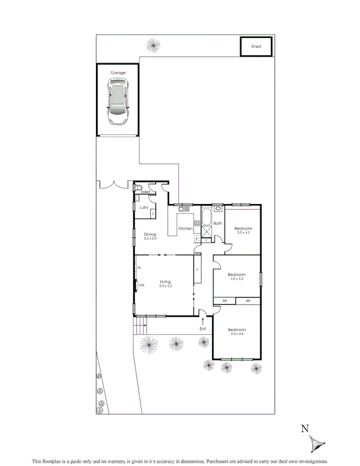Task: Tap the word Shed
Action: (x=256, y=46)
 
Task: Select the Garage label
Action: (x=118, y=73)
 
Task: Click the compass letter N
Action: (x=304, y=429)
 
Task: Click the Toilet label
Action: (x=146, y=192)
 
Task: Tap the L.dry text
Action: (x=144, y=208)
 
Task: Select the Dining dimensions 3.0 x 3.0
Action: (x=150, y=239)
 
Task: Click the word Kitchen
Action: (x=186, y=229)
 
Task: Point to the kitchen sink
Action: (x=185, y=209)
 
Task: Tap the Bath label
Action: (x=218, y=223)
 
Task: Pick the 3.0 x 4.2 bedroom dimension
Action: (x=243, y=233)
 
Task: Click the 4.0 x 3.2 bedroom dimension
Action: (x=236, y=279)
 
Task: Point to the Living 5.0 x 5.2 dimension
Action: (x=166, y=286)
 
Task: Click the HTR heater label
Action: (x=141, y=286)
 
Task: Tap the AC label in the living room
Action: (x=139, y=268)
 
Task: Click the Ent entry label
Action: (x=203, y=329)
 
